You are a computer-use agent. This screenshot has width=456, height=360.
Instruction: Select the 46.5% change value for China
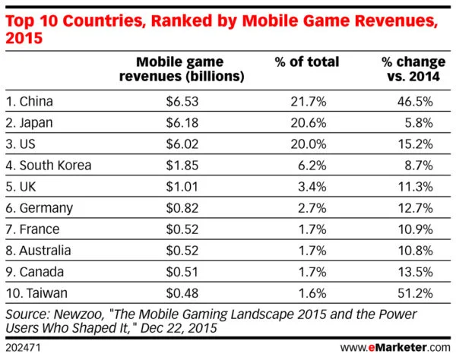(420, 100)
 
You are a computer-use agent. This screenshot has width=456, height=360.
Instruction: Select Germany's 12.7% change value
(420, 207)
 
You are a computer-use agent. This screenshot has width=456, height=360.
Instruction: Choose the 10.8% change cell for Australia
(420, 250)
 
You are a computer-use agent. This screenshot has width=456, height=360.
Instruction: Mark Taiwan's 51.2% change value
(420, 292)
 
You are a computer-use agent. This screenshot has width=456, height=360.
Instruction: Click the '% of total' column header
(307, 62)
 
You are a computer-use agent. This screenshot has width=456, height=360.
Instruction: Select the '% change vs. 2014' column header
(407, 68)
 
